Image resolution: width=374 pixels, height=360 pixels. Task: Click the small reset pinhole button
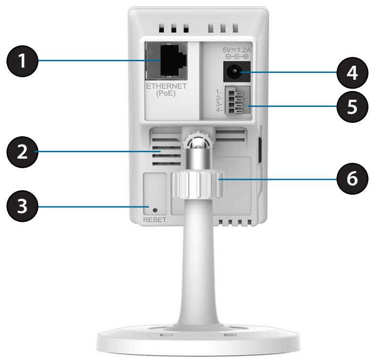pos(155,210)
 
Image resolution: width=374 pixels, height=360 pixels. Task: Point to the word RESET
pos(155,219)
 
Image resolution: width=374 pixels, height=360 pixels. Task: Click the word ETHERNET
pos(167,89)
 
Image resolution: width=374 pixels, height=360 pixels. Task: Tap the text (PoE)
pos(167,96)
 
